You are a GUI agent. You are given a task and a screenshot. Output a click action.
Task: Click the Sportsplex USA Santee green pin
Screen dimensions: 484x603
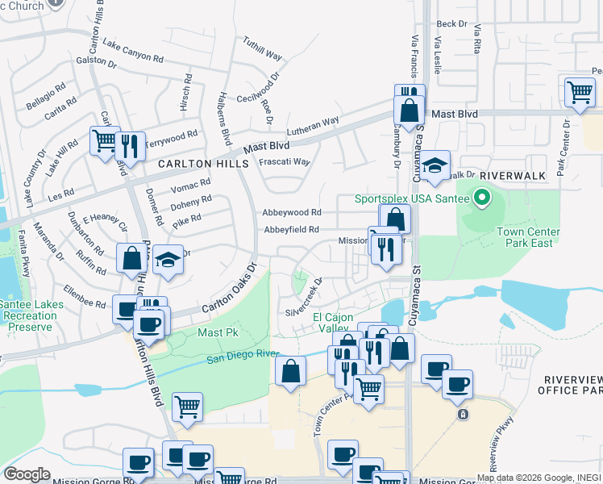[x=482, y=198]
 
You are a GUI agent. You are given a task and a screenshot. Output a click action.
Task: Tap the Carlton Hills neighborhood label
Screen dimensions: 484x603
[x=198, y=163]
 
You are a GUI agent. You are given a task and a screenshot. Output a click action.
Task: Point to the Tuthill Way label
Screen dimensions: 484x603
[x=263, y=50]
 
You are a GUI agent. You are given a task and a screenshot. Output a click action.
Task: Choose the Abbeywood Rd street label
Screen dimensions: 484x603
[x=292, y=213]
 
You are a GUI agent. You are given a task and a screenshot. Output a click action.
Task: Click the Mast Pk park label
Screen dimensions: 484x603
[x=214, y=332]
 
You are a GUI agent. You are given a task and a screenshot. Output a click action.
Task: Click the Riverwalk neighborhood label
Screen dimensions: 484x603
[x=513, y=175]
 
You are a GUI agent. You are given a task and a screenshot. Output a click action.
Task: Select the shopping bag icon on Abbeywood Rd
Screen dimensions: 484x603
[x=395, y=219]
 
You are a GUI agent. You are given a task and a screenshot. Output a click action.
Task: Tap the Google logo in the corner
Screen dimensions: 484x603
[x=27, y=474]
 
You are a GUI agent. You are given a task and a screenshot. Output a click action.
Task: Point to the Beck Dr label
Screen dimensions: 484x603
[x=451, y=24]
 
